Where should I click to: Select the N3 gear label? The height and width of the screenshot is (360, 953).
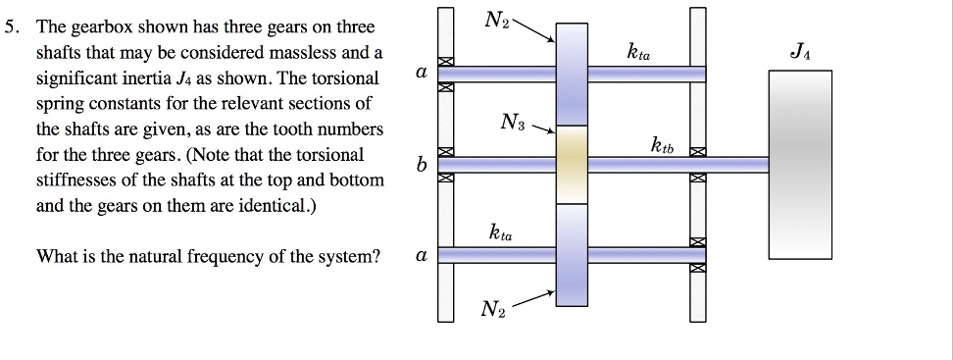click(x=512, y=124)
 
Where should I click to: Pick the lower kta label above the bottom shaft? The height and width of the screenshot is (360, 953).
click(x=500, y=232)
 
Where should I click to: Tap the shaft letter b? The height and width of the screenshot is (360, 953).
click(x=422, y=166)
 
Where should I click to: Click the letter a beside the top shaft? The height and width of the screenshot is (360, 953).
click(x=421, y=74)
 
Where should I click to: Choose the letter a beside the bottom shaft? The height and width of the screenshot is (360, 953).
click(x=421, y=256)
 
